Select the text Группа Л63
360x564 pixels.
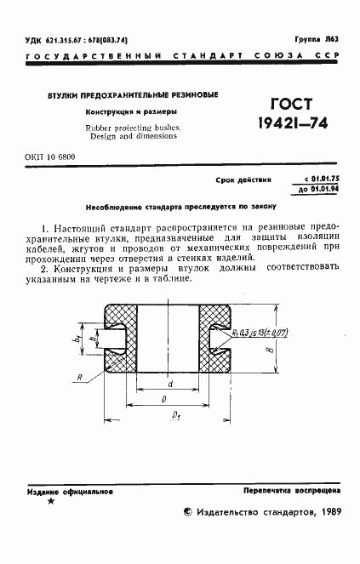coord(316,39)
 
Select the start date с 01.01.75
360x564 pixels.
coord(322,179)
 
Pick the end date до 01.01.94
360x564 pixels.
coord(321,189)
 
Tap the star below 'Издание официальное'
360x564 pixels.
coord(51,503)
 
